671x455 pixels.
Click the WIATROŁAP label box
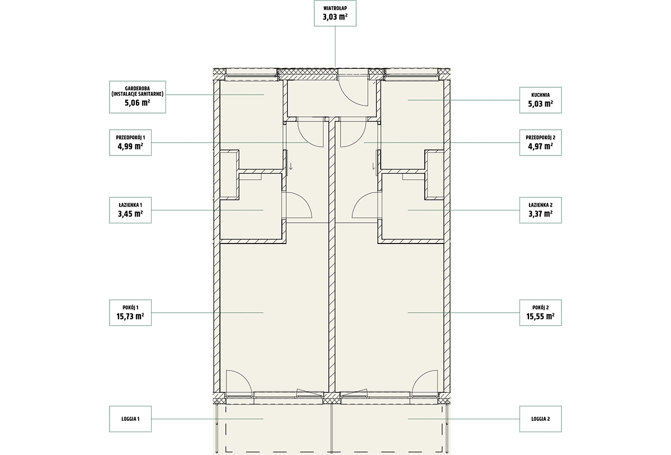pos(335,13)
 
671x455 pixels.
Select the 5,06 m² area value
pos(137,103)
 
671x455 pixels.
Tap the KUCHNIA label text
pos(540,95)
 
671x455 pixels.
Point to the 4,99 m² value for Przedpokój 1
pos(130,146)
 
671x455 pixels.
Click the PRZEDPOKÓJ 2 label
pos(540,138)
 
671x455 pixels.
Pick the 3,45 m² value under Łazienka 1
pos(130,214)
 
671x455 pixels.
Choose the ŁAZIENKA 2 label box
pos(540,210)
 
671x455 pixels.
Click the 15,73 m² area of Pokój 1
pos(130,316)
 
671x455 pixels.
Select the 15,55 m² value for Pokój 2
pos(540,316)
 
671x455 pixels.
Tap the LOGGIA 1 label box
pos(130,419)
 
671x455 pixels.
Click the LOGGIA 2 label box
pos(540,419)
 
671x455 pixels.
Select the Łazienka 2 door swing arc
pos(358,201)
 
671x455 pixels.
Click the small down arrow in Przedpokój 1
pos(291,166)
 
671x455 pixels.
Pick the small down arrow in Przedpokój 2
pos(374,166)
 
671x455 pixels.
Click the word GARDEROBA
pos(137,89)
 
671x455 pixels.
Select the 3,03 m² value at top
pos(335,17)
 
